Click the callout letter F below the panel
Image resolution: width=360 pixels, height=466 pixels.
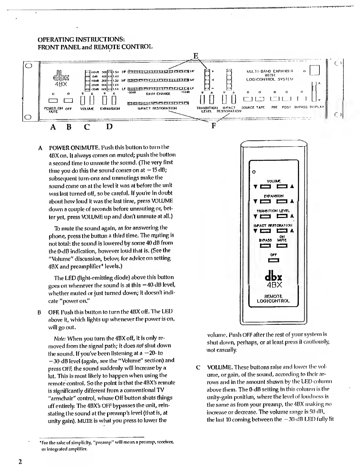point(214,126)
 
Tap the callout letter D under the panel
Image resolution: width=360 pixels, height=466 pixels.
point(109,127)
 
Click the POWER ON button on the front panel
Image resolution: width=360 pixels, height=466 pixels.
point(49,101)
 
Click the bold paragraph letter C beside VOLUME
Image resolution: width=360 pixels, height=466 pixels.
point(198,367)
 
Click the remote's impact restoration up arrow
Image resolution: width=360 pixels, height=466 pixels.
point(292,231)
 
